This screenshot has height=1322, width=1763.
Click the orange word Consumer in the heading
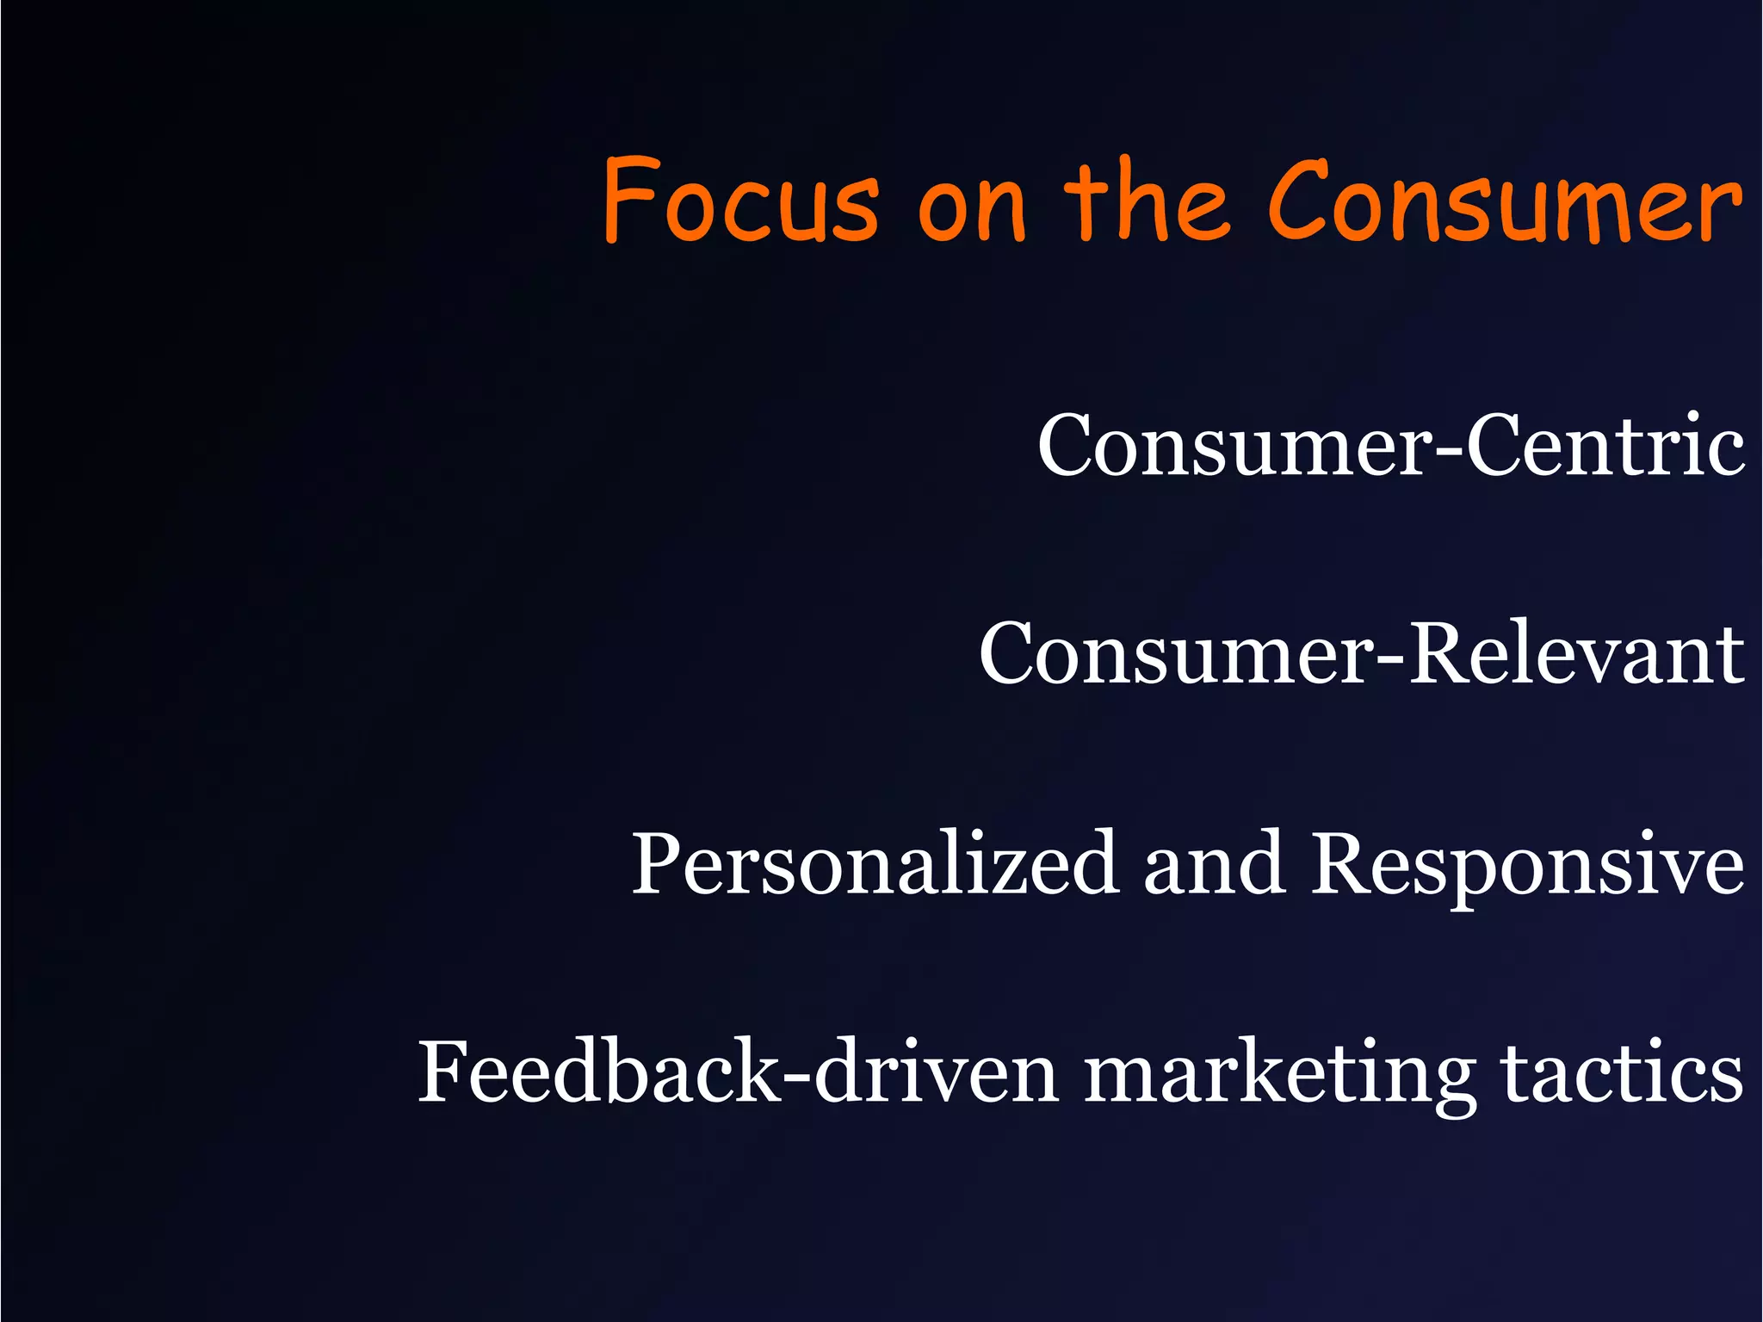[x=1503, y=201]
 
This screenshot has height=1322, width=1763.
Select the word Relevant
[x=1576, y=654]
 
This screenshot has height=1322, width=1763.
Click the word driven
[x=937, y=1072]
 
